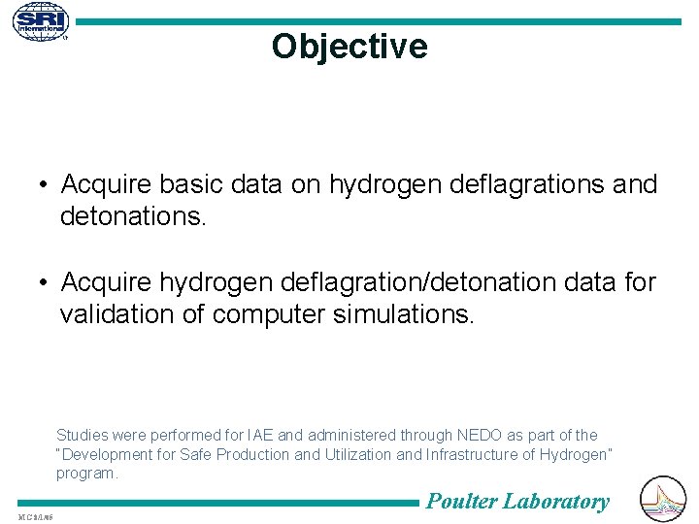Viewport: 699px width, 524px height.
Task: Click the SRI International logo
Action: click(x=41, y=21)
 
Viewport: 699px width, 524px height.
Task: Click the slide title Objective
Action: click(x=349, y=47)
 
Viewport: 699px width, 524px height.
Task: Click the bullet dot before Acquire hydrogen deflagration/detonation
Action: click(x=45, y=282)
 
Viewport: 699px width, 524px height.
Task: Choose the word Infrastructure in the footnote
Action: click(x=472, y=455)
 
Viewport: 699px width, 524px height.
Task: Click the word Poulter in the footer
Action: click(x=462, y=502)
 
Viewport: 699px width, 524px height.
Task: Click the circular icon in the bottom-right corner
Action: click(x=664, y=499)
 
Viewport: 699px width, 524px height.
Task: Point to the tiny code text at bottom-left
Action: click(x=34, y=516)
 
